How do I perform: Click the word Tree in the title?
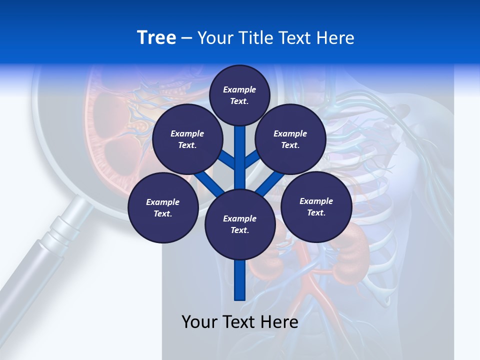pyautogui.click(x=156, y=37)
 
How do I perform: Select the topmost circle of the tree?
pyautogui.click(x=239, y=95)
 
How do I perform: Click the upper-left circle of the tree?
pyautogui.click(x=187, y=139)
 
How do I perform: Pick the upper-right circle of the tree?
pyautogui.click(x=290, y=139)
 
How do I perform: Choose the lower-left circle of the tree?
pyautogui.click(x=162, y=207)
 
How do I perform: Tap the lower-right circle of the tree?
pyautogui.click(x=316, y=206)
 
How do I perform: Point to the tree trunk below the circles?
pyautogui.click(x=240, y=280)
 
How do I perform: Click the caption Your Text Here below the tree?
pyautogui.click(x=240, y=322)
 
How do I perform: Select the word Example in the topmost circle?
pyautogui.click(x=239, y=89)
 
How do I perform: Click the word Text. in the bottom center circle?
pyautogui.click(x=239, y=230)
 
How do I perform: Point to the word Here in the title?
pyautogui.click(x=336, y=37)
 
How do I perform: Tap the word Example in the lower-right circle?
pyautogui.click(x=316, y=201)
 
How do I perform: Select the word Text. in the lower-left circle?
pyautogui.click(x=162, y=213)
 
